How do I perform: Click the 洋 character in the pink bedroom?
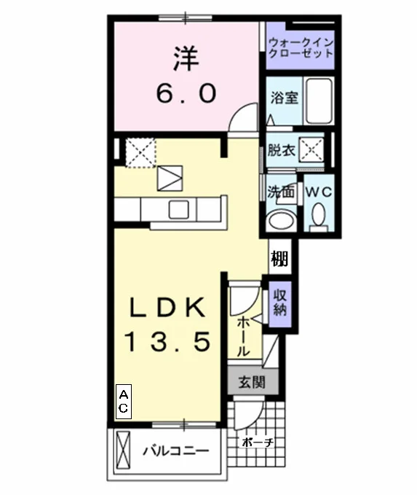tap(186, 59)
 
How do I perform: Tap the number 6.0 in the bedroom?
tap(186, 93)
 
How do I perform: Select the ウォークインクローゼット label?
tap(301, 47)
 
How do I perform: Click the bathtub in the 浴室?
tap(319, 101)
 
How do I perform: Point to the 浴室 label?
tap(285, 98)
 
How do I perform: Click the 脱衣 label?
tap(281, 150)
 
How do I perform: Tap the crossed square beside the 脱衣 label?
tap(311, 150)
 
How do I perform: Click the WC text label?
tap(319, 192)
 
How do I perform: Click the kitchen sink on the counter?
tap(179, 209)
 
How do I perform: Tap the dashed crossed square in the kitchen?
tap(140, 152)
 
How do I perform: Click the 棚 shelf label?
tap(279, 258)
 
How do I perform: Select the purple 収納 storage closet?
tap(280, 304)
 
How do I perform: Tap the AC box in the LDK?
tap(124, 402)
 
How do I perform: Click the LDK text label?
tap(168, 307)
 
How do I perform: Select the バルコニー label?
tap(176, 451)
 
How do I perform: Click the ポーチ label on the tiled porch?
tap(258, 443)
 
